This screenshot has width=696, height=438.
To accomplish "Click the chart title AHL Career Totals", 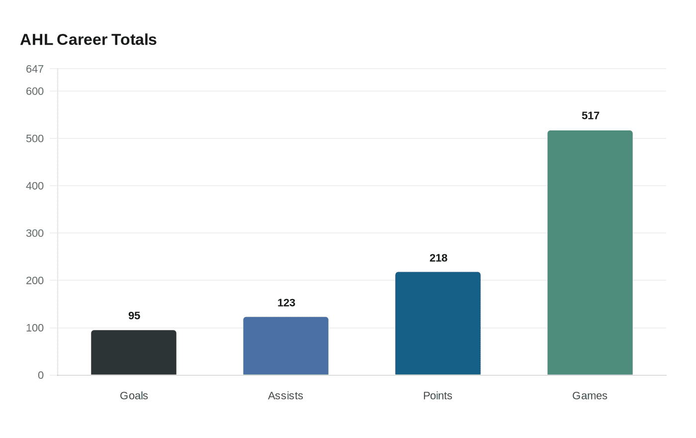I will coord(88,39).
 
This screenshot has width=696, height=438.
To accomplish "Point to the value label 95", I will coord(134,316).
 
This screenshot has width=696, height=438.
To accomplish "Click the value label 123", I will coord(286,303).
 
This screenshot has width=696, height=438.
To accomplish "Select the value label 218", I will coord(438,258).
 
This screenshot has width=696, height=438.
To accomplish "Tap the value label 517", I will coord(591,115).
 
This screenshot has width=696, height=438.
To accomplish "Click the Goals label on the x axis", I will coord(134,396).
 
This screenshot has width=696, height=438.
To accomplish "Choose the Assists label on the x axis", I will coord(285,396).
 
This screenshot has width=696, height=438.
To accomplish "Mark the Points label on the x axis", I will coord(437,396).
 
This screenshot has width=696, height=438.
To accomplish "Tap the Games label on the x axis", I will coord(590,396).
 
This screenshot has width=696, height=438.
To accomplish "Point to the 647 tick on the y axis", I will coord(35,69).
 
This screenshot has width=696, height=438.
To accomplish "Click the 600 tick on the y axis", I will coord(35,91).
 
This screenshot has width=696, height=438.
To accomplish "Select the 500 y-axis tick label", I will coord(35,138).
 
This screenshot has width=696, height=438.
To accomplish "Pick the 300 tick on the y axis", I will coord(35,233).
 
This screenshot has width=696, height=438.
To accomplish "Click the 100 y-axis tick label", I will coord(35,328).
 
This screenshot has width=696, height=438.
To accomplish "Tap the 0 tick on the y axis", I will coord(41,375).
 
